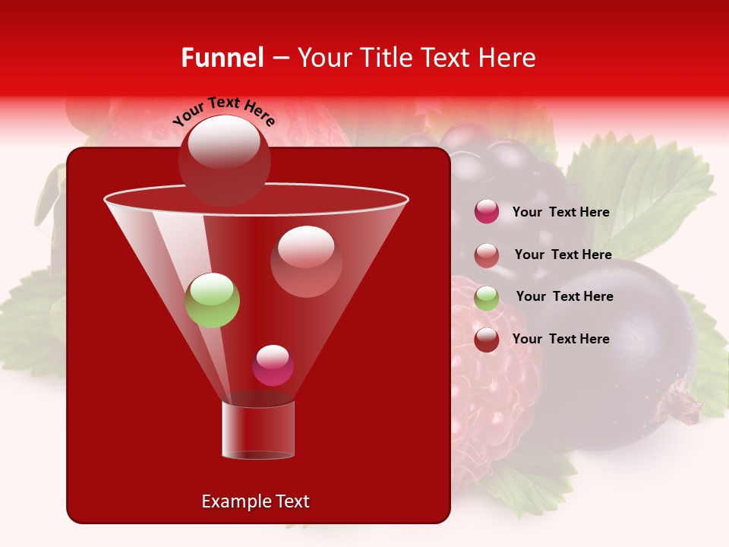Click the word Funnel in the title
point(222,58)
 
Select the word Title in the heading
point(386,58)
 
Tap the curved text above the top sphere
point(223,112)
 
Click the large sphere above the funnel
point(224,160)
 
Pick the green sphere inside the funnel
point(212,300)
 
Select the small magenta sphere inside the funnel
point(273,365)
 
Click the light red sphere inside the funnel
point(306,261)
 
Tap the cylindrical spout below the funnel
point(258,430)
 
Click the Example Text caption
point(256,501)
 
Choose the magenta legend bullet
point(486,212)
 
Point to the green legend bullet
point(486,297)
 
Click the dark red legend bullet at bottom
point(486,340)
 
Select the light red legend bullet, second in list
point(486,255)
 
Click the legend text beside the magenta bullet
point(560,213)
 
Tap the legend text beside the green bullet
point(564,297)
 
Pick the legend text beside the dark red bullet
point(560,340)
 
